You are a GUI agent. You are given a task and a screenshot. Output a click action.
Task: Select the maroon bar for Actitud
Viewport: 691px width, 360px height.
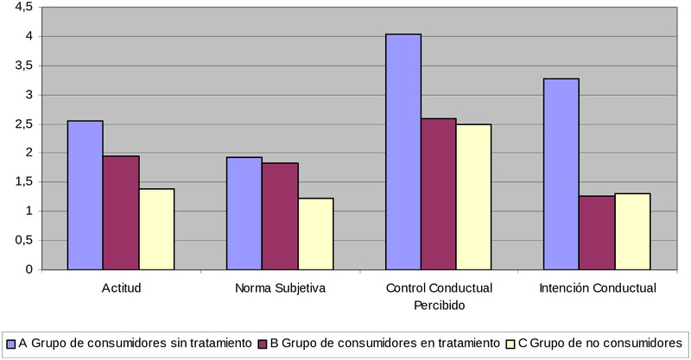pos(121,212)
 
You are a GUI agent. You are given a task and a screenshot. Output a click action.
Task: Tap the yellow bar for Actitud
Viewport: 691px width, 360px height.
pos(156,229)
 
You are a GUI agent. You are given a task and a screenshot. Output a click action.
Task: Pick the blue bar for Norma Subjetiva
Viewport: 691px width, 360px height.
pos(244,213)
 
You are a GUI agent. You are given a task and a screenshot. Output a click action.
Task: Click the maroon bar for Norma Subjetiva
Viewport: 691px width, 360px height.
pos(280,216)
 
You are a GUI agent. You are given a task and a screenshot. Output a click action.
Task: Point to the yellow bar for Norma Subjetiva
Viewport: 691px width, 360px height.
pos(315,234)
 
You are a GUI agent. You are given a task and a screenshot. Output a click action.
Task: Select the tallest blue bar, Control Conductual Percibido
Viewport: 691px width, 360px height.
pos(403,152)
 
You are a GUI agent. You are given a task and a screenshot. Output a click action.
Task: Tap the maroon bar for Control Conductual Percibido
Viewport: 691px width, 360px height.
pos(439,193)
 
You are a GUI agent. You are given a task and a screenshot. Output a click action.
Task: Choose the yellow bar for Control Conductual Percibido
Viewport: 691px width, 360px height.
pos(474,197)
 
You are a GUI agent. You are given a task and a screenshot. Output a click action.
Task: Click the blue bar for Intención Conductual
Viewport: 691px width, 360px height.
pos(561,174)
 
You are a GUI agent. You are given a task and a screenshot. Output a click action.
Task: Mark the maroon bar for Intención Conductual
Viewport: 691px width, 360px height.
pos(597,232)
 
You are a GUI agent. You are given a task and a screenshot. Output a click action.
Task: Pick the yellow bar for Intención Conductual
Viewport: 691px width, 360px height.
pos(633,231)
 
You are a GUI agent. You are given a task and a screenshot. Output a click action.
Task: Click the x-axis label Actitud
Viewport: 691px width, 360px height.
pos(121,287)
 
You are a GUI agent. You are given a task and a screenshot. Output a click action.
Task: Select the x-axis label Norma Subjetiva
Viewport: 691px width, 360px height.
pos(280,287)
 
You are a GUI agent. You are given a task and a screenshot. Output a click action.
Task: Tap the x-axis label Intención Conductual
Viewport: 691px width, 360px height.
pos(597,287)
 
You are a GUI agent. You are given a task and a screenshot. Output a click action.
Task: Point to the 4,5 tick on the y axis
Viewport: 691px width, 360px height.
pos(23,7)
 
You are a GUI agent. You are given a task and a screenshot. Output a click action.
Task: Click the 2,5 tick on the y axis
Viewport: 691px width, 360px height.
pos(23,123)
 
